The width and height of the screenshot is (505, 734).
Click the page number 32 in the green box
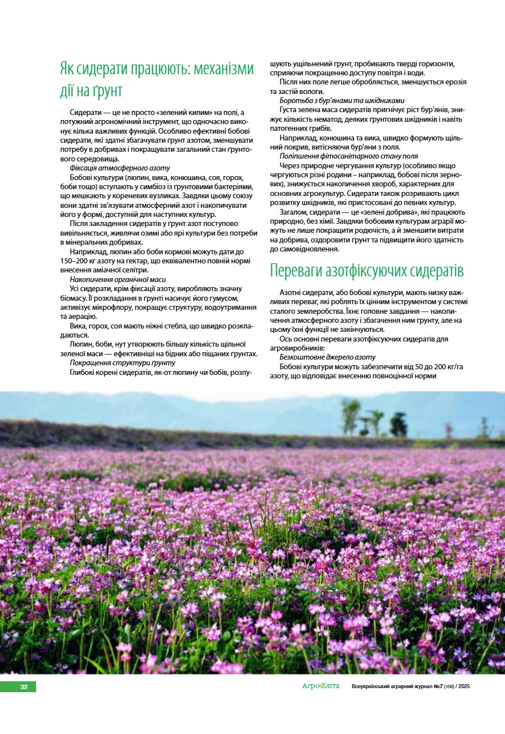(x=24, y=687)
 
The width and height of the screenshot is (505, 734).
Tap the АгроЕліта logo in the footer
(x=320, y=686)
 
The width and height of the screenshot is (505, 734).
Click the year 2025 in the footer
(x=464, y=686)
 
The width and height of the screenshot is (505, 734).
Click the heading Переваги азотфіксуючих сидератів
(x=367, y=271)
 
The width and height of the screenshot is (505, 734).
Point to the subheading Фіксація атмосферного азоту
(x=119, y=168)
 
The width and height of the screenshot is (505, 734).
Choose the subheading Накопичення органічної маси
(x=117, y=279)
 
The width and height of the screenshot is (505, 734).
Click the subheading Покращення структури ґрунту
(x=122, y=362)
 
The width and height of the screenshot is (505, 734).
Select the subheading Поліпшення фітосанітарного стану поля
(x=349, y=156)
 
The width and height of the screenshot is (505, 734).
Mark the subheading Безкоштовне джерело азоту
(x=327, y=357)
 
